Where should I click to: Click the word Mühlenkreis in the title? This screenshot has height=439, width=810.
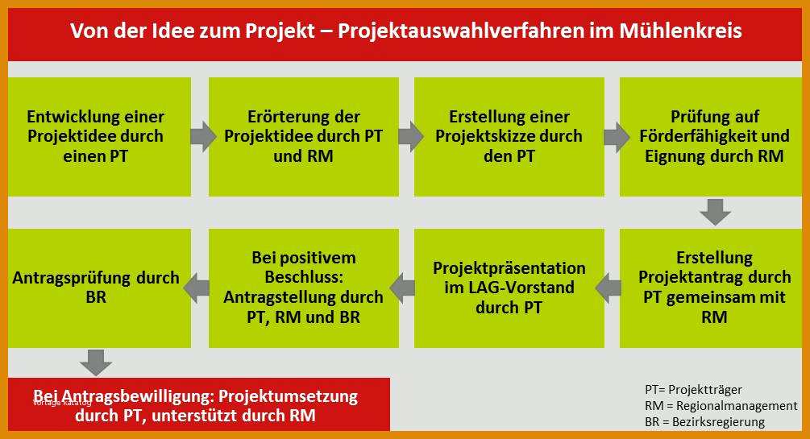680,31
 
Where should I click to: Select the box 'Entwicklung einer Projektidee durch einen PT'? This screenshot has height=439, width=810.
99,137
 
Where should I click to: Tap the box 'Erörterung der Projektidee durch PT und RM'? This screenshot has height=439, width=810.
304,137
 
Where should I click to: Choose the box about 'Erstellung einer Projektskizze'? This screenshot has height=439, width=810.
509,137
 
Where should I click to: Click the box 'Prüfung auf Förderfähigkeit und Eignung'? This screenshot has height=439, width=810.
711,137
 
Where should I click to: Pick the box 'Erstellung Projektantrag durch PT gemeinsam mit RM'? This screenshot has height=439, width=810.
711,288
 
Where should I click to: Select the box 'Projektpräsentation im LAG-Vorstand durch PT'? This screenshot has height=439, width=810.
509,288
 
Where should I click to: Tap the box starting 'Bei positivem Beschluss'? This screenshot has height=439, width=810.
304,288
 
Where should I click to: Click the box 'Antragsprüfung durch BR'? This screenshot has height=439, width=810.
99,288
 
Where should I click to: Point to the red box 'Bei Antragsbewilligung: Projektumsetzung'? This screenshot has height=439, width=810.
199,404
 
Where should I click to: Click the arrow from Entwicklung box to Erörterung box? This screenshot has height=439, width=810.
203,137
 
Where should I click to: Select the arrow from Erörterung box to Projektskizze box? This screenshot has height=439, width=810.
411,137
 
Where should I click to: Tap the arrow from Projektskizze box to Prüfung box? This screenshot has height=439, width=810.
617,137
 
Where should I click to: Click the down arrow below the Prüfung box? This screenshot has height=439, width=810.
715,213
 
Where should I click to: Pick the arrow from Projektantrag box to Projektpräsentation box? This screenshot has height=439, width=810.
609,288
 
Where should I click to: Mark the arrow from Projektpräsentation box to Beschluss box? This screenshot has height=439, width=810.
403,288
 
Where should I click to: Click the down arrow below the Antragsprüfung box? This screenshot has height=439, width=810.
96,362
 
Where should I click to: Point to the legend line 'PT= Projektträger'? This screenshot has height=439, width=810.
693,389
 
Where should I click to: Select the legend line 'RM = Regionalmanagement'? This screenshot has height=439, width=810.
721,406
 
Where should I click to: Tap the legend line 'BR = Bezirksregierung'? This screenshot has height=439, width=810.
704,422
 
